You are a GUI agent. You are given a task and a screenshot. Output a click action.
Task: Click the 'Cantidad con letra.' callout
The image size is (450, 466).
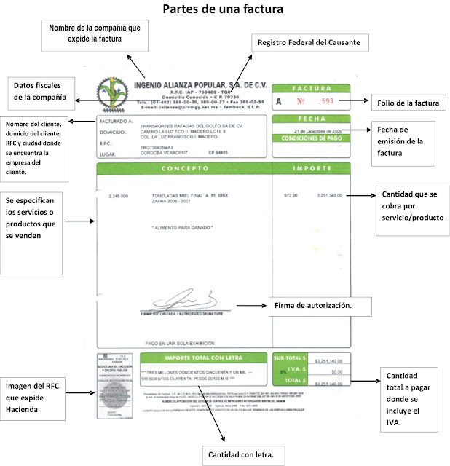(x=240, y=454)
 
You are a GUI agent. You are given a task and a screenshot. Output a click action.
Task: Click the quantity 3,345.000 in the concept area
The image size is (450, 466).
(x=117, y=197)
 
